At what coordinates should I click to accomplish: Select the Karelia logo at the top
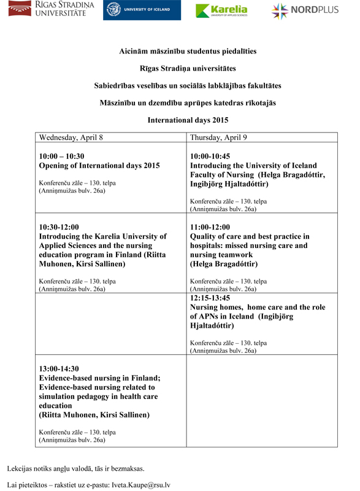tap(222, 10)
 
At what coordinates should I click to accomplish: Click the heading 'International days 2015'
tap(188, 120)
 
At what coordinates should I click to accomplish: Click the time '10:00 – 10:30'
tap(61, 157)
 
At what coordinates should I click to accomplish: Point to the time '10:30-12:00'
tap(59, 227)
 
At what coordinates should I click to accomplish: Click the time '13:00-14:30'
tap(59, 369)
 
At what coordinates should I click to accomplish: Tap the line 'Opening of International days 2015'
tap(99, 166)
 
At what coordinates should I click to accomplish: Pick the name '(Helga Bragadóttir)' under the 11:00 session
tap(224, 264)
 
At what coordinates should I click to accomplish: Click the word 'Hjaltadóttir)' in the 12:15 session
tap(212, 326)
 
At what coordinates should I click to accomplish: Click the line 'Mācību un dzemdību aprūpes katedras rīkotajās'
tap(188, 103)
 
